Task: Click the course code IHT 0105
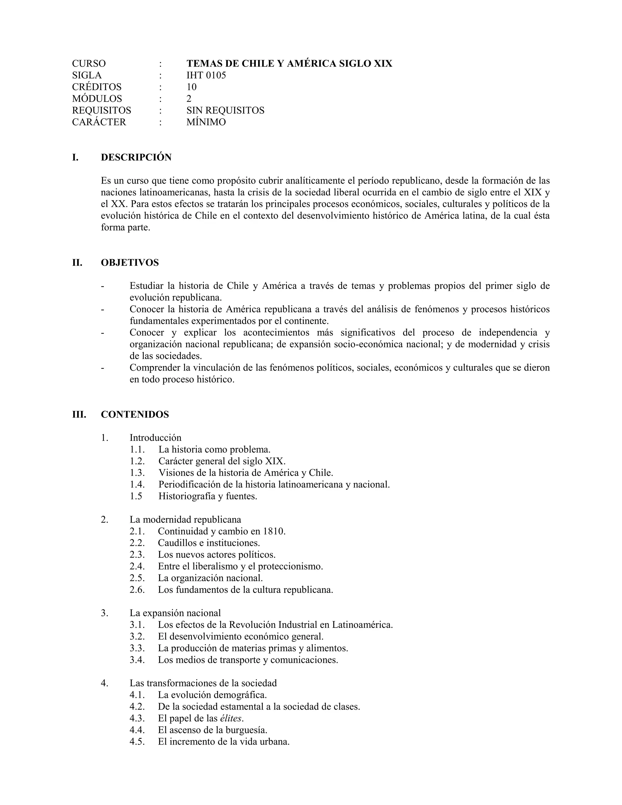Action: pyautogui.click(x=206, y=75)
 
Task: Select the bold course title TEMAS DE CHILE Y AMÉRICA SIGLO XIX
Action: pyautogui.click(x=289, y=64)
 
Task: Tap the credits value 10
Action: pyautogui.click(x=192, y=87)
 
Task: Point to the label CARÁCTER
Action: pyautogui.click(x=99, y=122)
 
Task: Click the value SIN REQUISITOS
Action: pyautogui.click(x=225, y=110)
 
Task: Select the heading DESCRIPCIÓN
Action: pyautogui.click(x=136, y=157)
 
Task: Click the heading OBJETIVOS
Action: pyautogui.click(x=130, y=263)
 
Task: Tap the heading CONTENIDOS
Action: pyautogui.click(x=135, y=414)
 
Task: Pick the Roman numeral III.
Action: pyautogui.click(x=79, y=414)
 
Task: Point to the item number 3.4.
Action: pyautogui.click(x=137, y=660)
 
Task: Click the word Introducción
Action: pyautogui.click(x=155, y=438)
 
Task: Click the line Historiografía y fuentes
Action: pyautogui.click(x=208, y=496)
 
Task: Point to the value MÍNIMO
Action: pyautogui.click(x=206, y=122)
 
